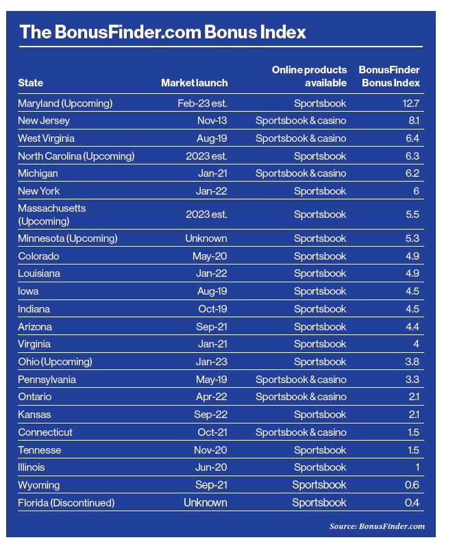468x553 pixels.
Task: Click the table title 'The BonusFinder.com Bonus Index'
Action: point(162,32)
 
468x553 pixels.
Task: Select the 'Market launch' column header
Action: point(194,83)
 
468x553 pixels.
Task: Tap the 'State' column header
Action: point(31,83)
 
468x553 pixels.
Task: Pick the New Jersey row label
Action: point(44,121)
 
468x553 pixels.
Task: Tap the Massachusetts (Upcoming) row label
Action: point(52,214)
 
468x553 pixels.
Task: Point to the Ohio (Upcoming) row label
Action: point(55,362)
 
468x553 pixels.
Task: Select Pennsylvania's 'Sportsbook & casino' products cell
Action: point(301,380)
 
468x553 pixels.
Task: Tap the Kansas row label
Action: point(34,415)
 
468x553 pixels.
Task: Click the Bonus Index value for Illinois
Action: point(416,467)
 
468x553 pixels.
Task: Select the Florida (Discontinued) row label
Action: point(66,503)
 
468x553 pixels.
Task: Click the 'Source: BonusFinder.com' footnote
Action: point(377,526)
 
